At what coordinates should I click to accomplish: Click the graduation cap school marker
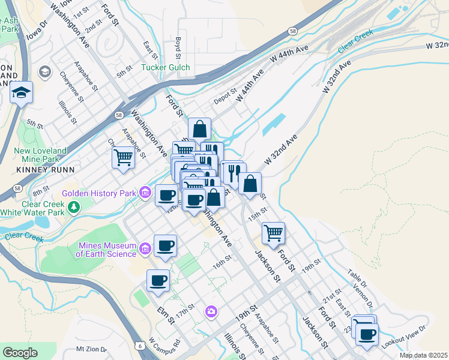point(21,93)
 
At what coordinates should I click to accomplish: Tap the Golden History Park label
point(100,193)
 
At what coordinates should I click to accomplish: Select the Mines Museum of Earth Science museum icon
point(145,248)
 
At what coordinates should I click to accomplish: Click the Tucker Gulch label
point(166,67)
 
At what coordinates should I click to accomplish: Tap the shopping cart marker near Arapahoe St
point(123,158)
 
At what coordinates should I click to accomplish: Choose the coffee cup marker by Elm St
point(158,280)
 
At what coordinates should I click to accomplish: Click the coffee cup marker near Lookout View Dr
point(367,334)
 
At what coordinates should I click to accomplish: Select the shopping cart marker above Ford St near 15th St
point(273,232)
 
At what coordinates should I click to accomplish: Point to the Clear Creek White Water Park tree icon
point(73,208)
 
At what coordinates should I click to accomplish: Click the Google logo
point(20,352)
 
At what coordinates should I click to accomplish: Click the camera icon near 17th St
point(211,311)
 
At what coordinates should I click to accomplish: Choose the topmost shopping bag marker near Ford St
point(199,128)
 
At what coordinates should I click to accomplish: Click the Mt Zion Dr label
point(91,349)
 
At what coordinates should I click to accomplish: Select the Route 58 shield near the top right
point(291,30)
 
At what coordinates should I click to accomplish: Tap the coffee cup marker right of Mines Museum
point(165,245)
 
